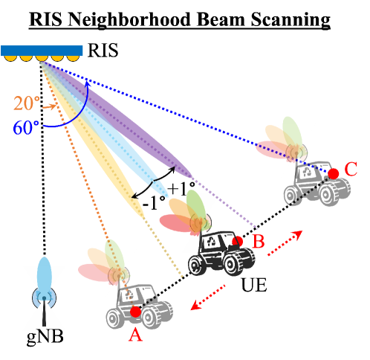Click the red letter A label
click(134, 335)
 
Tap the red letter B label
click(258, 242)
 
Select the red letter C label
click(351, 170)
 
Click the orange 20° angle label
click(27, 104)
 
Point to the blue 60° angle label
click(25, 128)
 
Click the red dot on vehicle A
click(135, 312)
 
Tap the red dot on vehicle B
click(237, 241)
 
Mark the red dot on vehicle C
click(334, 173)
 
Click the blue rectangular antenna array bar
click(42, 51)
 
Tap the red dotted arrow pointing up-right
click(285, 243)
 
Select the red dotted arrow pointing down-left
click(209, 297)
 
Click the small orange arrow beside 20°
click(49, 107)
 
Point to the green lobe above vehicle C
click(291, 132)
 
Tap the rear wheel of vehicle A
click(116, 319)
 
